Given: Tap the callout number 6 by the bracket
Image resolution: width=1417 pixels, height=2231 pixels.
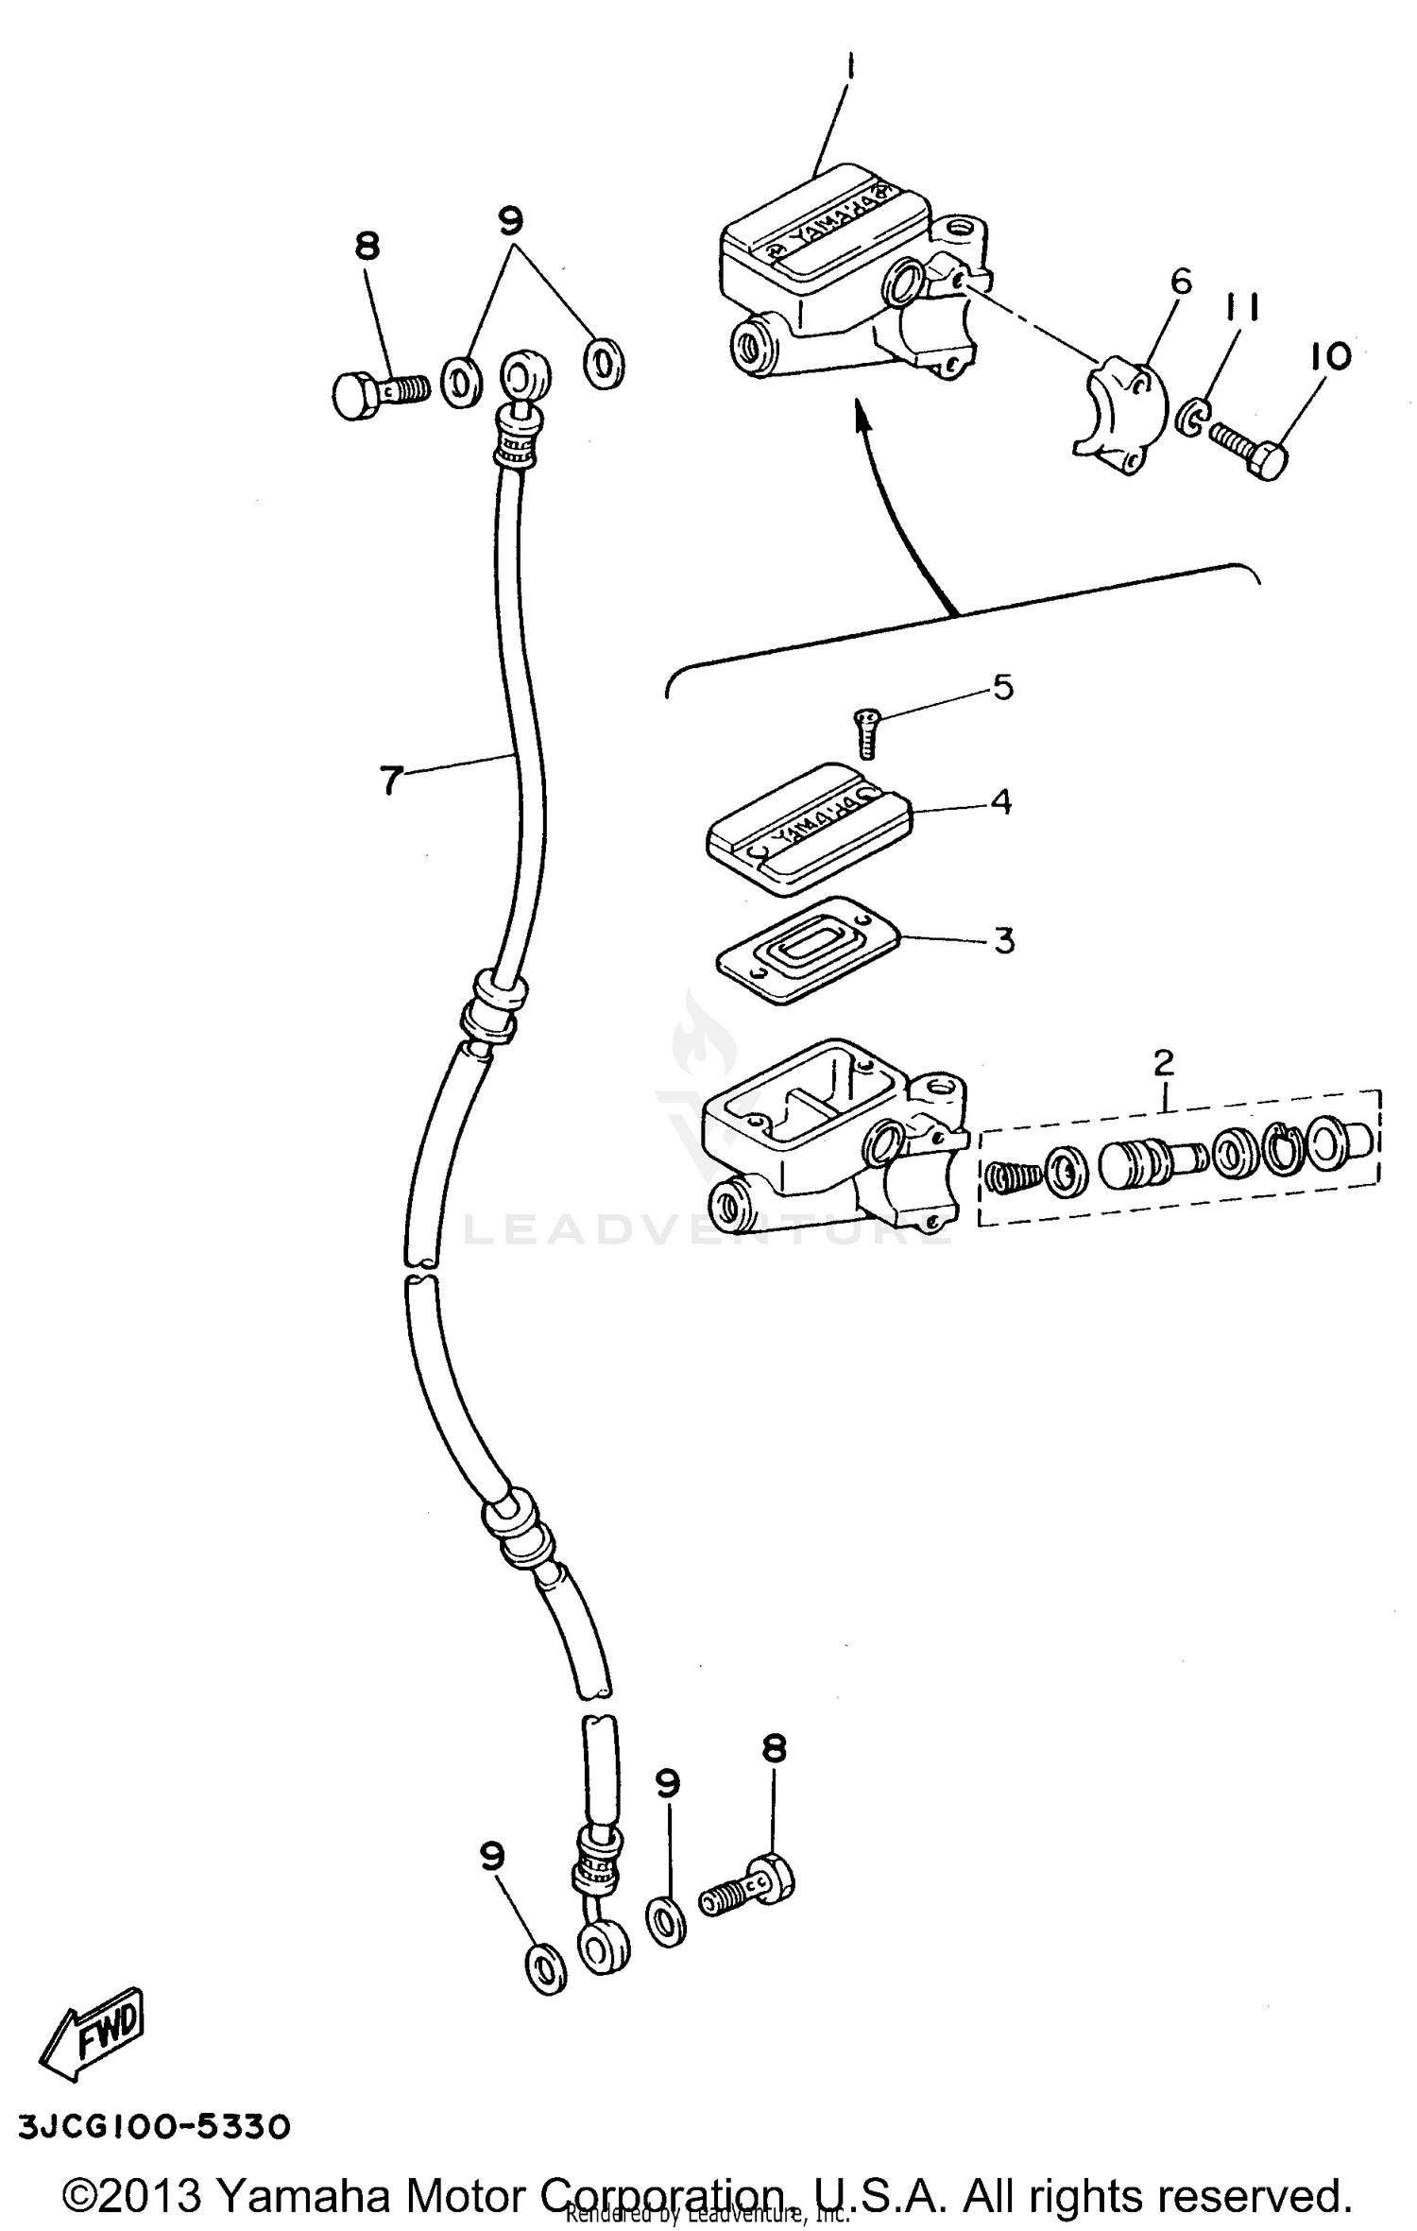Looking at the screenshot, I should point(1181,282).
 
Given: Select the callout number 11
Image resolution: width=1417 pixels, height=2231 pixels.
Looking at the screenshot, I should point(1244,308).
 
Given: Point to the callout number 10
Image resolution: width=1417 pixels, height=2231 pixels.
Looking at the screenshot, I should point(1331,356).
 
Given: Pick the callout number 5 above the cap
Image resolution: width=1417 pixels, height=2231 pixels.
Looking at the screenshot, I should point(1002,687).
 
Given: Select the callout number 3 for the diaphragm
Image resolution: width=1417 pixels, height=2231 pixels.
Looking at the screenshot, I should point(1004,940).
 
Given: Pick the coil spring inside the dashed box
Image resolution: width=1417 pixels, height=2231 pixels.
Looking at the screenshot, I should point(1013,1176).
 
